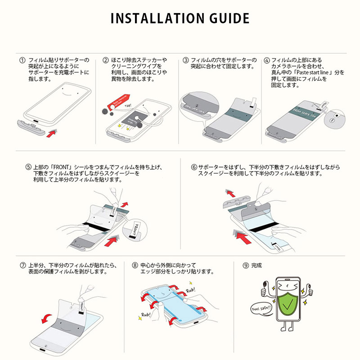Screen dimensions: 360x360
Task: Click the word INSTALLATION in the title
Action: tap(153, 18)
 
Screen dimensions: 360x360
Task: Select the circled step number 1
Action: tap(22, 60)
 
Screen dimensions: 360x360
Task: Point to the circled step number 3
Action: tap(185, 60)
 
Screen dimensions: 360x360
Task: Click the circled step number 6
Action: tap(194, 167)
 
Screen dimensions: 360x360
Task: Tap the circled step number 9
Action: tap(245, 265)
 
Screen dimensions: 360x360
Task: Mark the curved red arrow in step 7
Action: tap(45, 319)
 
